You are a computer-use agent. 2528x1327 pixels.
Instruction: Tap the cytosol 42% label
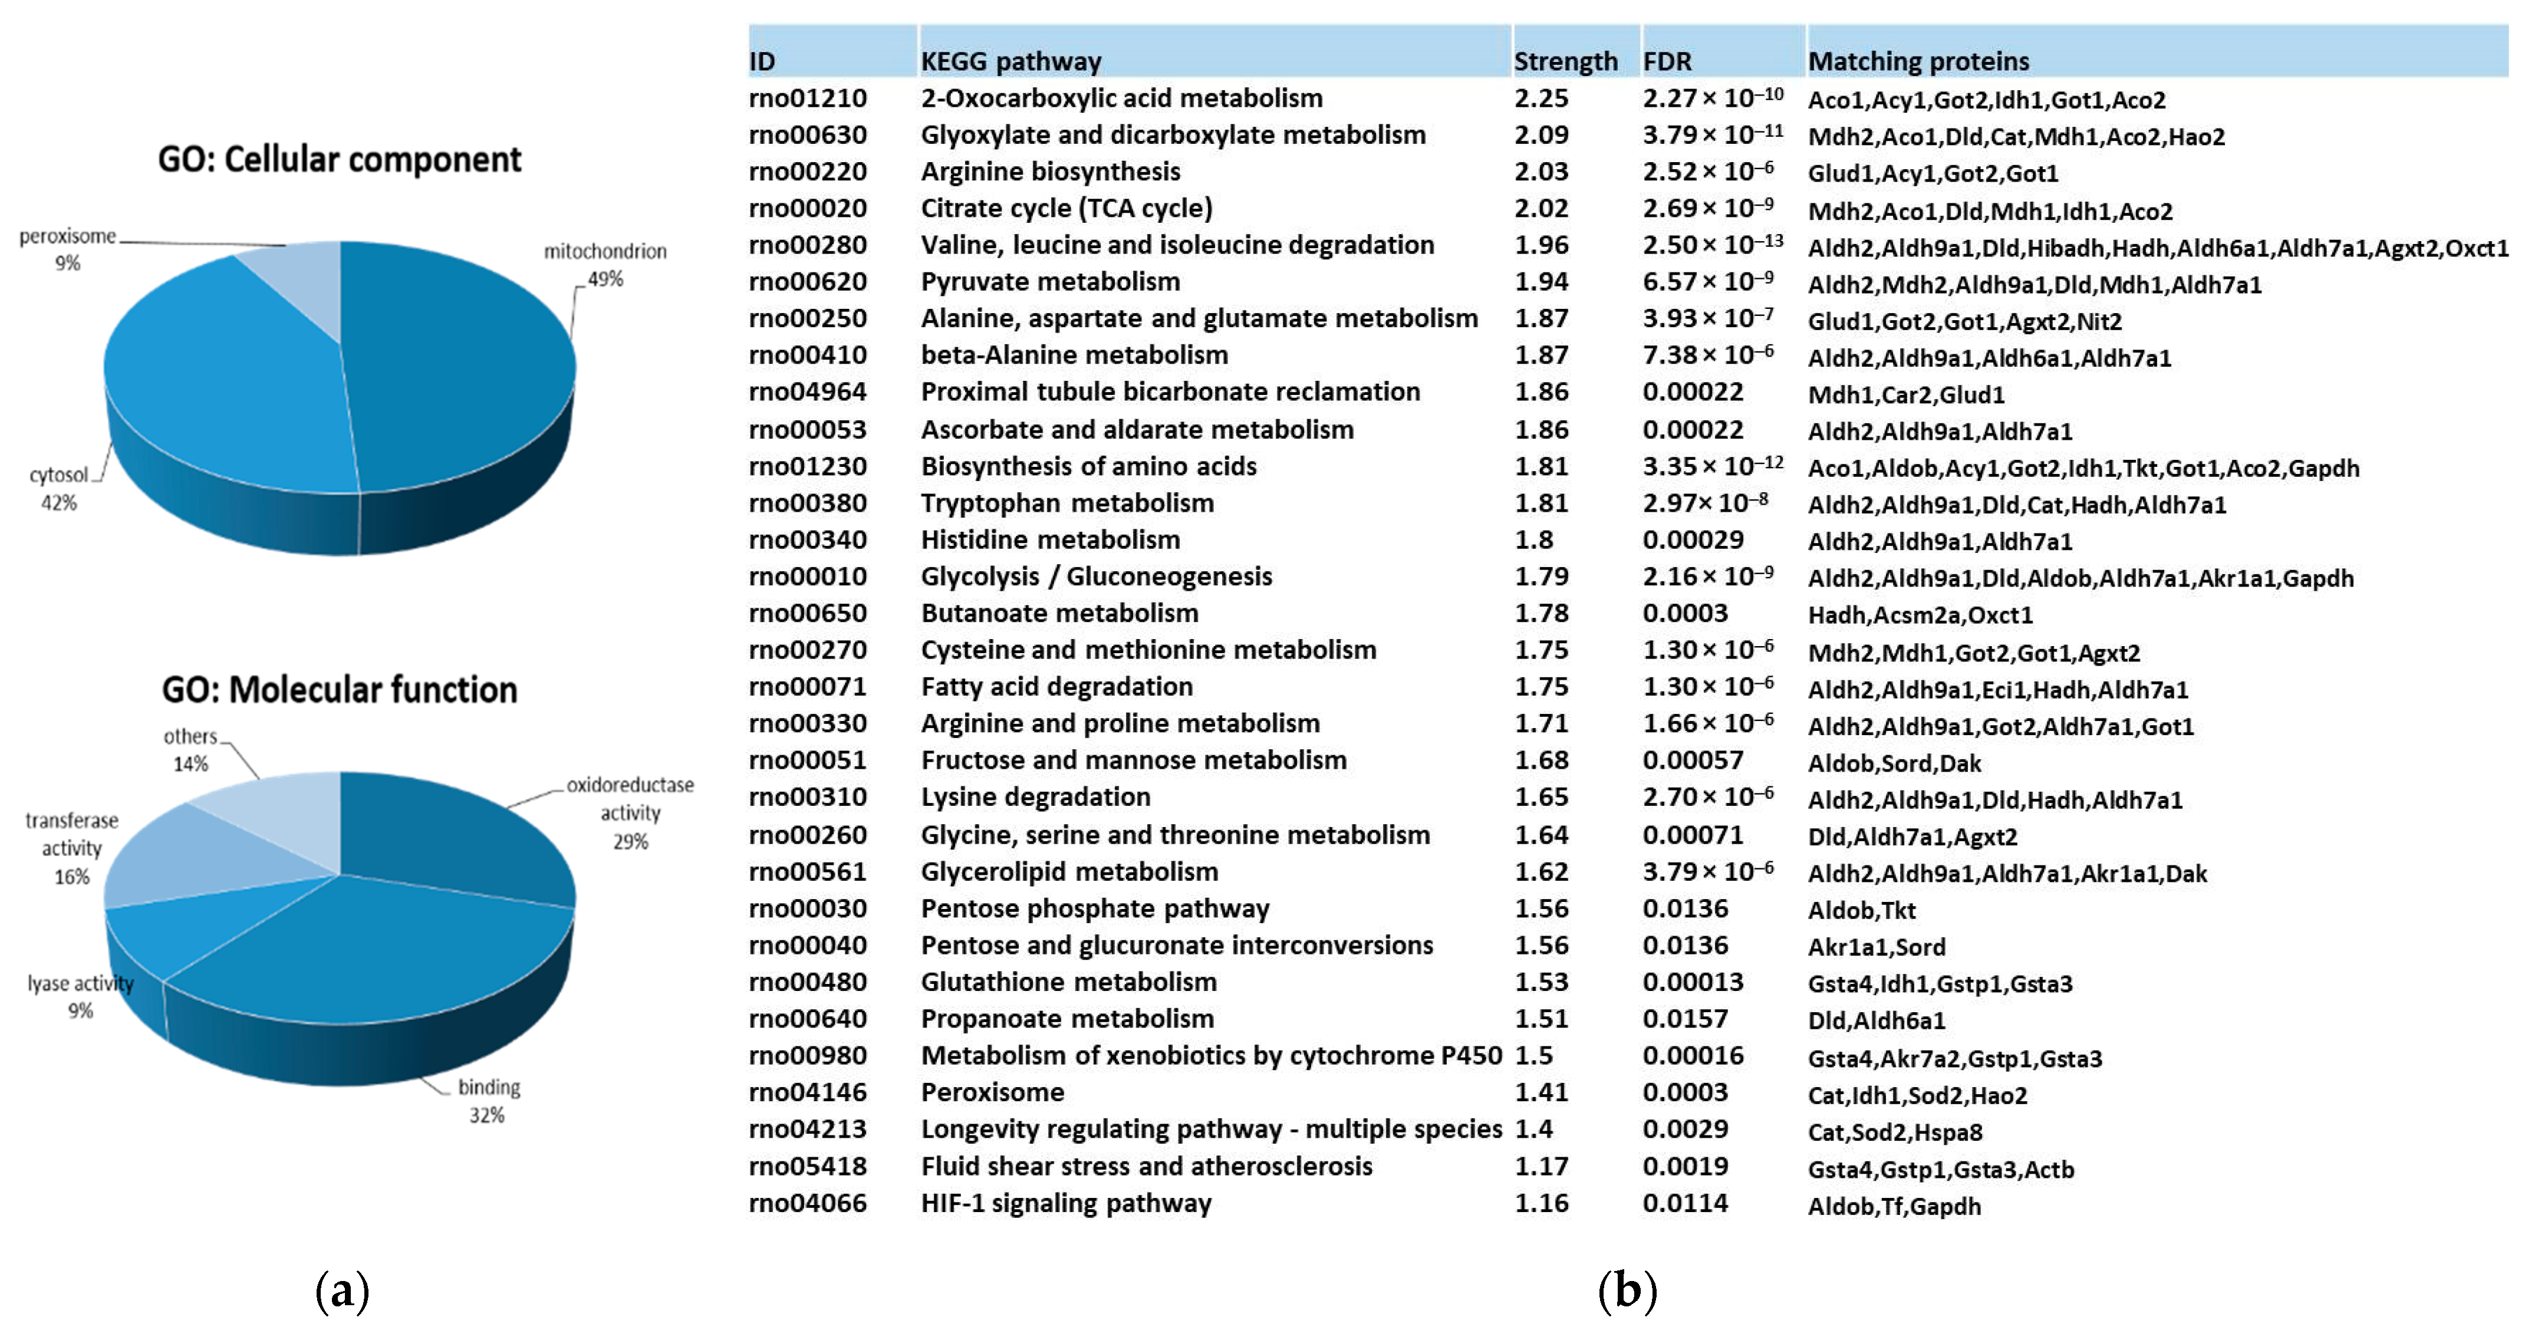59,488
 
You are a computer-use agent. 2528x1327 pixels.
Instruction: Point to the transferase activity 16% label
72,848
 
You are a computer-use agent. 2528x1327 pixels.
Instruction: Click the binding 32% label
488,1100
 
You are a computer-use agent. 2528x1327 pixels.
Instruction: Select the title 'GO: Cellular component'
340,159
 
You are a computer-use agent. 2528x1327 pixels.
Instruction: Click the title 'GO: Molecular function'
340,689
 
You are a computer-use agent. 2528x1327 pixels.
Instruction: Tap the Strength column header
1565,61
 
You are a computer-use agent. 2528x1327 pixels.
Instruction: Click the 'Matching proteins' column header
1918,61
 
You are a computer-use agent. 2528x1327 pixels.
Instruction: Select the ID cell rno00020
808,208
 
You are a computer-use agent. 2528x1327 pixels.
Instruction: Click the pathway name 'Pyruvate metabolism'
1050,282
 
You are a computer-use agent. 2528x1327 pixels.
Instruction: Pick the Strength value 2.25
1540,98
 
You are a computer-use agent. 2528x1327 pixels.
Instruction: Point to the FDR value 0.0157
1685,1019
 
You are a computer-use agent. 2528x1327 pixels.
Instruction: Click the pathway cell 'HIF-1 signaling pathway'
1066,1203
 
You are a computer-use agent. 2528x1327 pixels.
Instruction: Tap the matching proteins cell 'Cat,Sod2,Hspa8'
1895,1132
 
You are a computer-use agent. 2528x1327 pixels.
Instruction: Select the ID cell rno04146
808,1092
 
